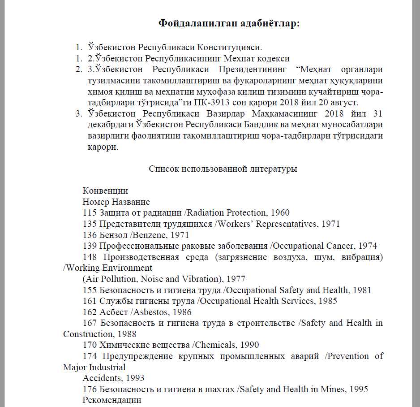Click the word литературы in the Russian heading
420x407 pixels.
(x=274, y=169)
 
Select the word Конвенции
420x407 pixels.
(x=105, y=191)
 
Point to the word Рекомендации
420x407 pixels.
(x=112, y=400)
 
